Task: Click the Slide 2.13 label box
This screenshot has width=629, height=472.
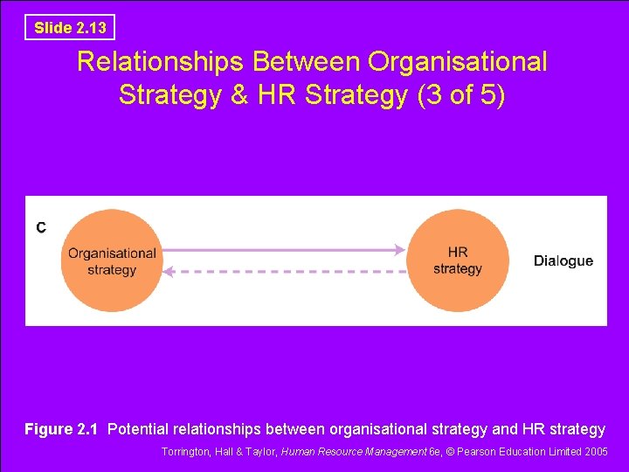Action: click(x=70, y=27)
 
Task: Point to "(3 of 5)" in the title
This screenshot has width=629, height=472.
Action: click(x=461, y=94)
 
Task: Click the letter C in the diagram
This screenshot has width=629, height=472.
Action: click(x=41, y=228)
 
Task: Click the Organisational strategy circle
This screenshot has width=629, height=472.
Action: click(x=112, y=261)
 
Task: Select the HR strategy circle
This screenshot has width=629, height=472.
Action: click(x=457, y=260)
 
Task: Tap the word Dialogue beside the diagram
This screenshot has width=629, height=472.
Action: click(x=563, y=260)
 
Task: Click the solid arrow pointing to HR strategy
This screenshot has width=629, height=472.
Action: click(x=280, y=250)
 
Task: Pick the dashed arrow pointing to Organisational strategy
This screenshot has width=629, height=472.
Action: click(x=288, y=272)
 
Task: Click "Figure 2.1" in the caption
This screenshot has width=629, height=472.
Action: click(x=61, y=429)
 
